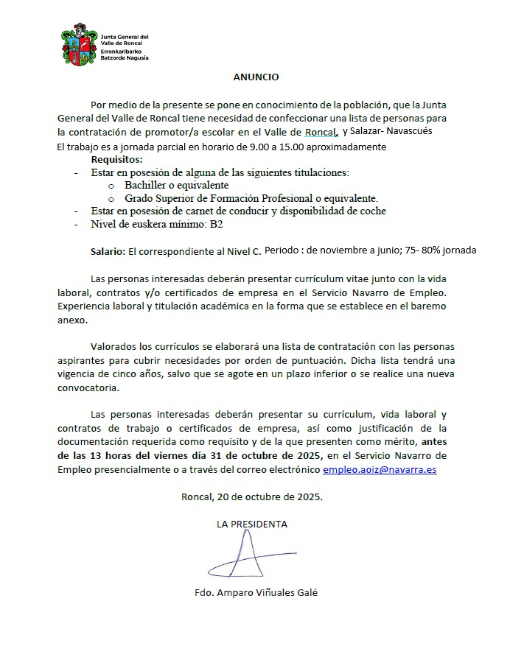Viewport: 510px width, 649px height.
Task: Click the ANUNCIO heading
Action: click(x=256, y=77)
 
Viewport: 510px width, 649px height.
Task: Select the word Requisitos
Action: click(x=117, y=159)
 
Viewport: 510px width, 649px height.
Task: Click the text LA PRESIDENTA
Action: click(x=252, y=525)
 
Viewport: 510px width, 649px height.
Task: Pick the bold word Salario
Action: click(x=107, y=251)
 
